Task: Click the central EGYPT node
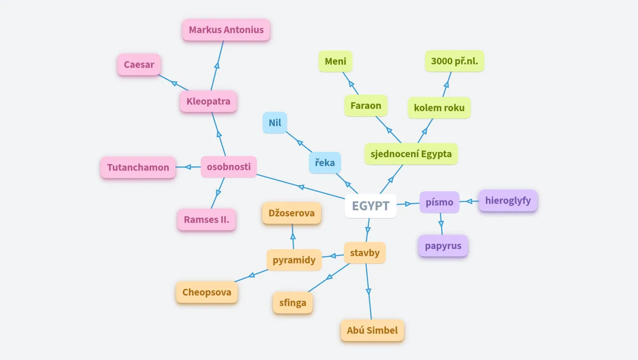pos(370,206)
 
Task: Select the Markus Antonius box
pos(226,30)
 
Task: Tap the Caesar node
pos(139,65)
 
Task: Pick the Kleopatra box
pos(208,101)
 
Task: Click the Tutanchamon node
pos(138,167)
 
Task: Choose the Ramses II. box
pos(206,219)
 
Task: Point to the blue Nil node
pos(275,123)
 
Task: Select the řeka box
pos(325,163)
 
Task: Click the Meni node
pos(335,61)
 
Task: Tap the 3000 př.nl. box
pos(455,61)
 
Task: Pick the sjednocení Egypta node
pos(411,154)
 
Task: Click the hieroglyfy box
pos(508,201)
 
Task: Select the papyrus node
pos(443,246)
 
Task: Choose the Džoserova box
pos(291,213)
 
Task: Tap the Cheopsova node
pos(207,292)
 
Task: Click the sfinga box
pos(293,303)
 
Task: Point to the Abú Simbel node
pos(372,330)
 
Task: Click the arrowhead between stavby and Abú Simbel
pos(368,292)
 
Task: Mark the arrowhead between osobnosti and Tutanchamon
pos(188,167)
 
